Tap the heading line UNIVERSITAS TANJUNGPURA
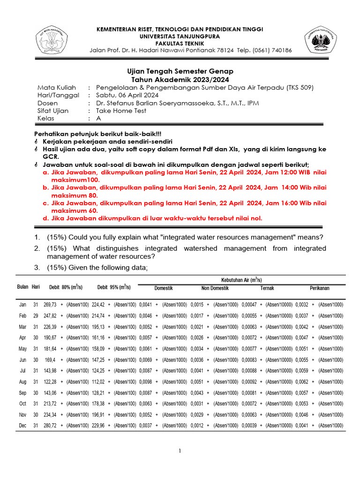pyautogui.click(x=180, y=36)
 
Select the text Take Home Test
pyautogui.click(x=121, y=111)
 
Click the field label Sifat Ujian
pyautogui.click(x=53, y=111)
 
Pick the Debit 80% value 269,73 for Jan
pyautogui.click(x=50, y=305)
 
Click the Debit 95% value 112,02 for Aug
pyautogui.click(x=98, y=382)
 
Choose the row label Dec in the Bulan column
pyautogui.click(x=22, y=426)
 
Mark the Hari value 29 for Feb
pyautogui.click(x=36, y=316)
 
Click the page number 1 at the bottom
pyautogui.click(x=180, y=451)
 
